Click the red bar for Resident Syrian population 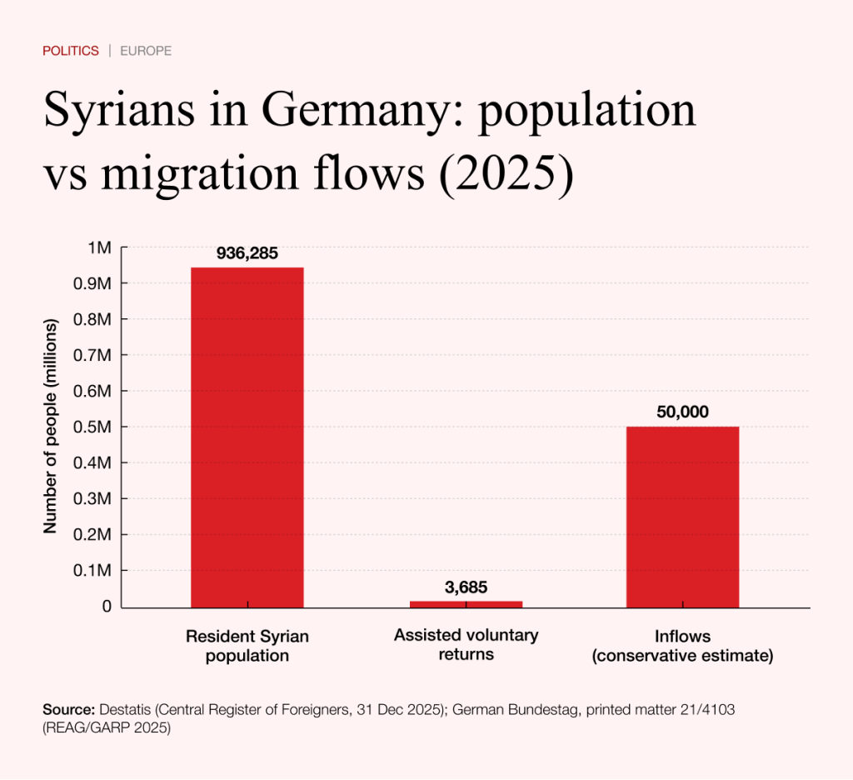[247, 437]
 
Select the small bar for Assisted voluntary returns [466, 603]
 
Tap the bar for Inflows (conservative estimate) [682, 517]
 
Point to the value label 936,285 [247, 252]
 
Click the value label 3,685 [466, 587]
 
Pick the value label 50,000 [682, 412]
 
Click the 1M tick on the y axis [99, 247]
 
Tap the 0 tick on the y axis [106, 607]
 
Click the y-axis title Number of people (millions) [50, 427]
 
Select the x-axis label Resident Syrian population [247, 646]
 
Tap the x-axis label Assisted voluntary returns [466, 644]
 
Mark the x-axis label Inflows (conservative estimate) [682, 646]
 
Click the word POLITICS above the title [71, 51]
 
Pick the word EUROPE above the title [146, 51]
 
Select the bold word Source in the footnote [68, 709]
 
